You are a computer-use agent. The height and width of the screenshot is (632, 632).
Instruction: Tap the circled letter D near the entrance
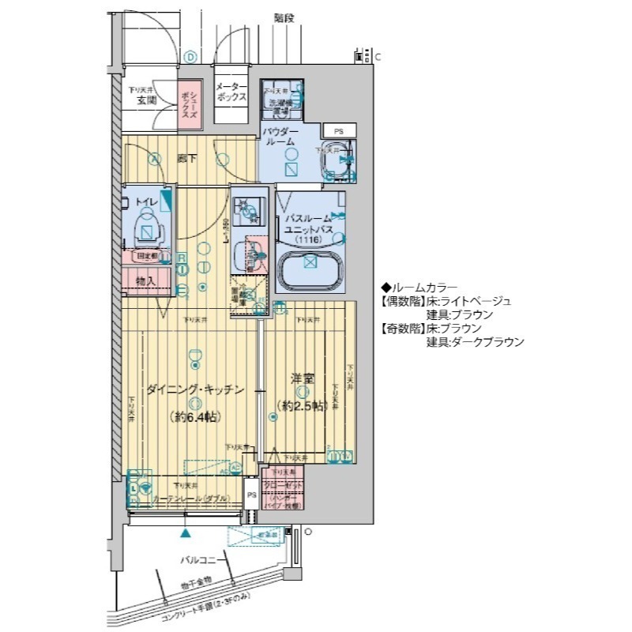(x=190, y=56)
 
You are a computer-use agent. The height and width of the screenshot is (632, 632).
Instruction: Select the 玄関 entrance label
(x=145, y=101)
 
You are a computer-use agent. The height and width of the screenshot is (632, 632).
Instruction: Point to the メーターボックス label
(x=232, y=92)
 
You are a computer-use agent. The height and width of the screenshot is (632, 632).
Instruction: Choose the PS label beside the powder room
(x=338, y=131)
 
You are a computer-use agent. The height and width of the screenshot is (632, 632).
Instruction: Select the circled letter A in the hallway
(x=156, y=156)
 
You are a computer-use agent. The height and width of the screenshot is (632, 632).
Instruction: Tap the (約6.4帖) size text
(x=194, y=417)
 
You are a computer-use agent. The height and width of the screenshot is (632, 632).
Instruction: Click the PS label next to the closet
(x=251, y=495)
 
